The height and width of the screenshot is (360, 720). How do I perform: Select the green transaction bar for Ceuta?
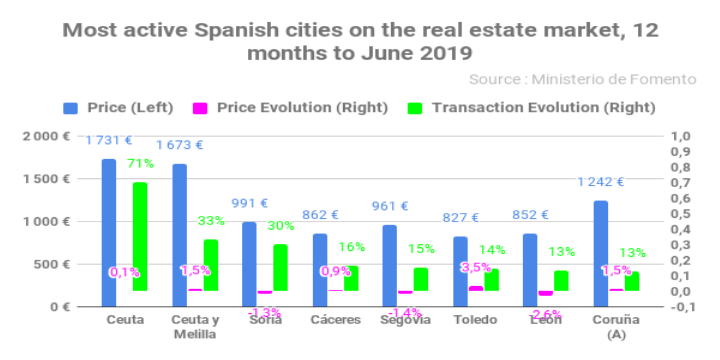coord(140,236)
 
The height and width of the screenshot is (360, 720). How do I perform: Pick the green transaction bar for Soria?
coord(280,268)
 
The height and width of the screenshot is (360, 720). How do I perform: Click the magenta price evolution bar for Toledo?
coord(476,289)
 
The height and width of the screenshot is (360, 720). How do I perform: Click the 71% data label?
coord(140,163)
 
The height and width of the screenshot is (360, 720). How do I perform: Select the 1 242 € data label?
coord(601,182)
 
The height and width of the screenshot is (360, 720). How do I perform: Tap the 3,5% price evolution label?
coord(475,268)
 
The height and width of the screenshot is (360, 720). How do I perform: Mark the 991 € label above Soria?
coord(250,203)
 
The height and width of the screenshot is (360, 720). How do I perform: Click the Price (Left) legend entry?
coord(119,108)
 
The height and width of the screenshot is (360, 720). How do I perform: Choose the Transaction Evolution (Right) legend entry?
coord(532,108)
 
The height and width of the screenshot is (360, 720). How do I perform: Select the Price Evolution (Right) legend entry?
coord(290,108)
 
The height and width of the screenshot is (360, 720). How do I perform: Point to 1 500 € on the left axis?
coord(46,179)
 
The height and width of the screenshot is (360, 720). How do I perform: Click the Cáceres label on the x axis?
coord(336,320)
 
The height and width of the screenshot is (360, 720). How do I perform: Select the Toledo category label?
coord(475,320)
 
